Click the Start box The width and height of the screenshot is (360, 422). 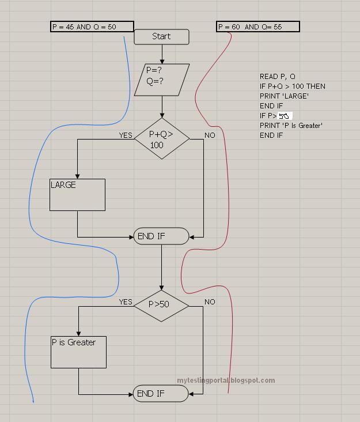coord(161,36)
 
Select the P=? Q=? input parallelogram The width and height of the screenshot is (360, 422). coord(161,80)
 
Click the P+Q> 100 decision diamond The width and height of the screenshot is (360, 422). coord(162,139)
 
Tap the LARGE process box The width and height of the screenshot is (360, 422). coord(77,194)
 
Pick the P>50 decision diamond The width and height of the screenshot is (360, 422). coord(161,305)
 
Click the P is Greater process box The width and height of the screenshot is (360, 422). coord(78,352)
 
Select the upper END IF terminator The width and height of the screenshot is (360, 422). coord(161,236)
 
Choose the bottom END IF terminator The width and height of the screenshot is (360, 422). coord(161,394)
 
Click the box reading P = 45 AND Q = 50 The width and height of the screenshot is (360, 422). coord(92,27)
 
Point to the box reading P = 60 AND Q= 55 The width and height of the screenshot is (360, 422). coord(257,27)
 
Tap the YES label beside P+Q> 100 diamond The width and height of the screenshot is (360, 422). coord(126,135)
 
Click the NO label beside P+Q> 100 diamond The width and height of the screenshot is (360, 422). coord(210,135)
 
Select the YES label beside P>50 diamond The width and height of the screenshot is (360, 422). coord(126,302)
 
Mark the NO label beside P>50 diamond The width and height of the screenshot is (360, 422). coord(210,302)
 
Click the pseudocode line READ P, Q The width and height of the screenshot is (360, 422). coord(278,77)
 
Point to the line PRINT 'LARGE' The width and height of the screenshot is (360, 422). coord(284,96)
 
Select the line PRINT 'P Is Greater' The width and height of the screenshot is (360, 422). coord(291,126)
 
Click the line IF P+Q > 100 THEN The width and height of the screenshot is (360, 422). coord(292,86)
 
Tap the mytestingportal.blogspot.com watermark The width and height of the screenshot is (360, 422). coord(226,380)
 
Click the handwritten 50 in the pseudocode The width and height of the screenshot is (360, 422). coord(285,116)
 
